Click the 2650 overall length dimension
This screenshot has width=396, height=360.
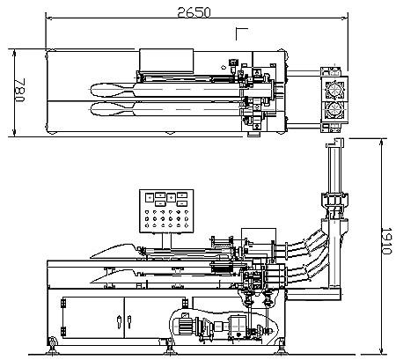[x=194, y=12]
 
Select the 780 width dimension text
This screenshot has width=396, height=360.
[x=20, y=90]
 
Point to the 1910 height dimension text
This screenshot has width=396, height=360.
[x=386, y=240]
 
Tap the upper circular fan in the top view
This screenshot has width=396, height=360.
[x=334, y=89]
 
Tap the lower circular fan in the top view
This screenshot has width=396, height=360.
[x=334, y=110]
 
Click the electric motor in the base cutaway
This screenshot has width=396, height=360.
[x=185, y=325]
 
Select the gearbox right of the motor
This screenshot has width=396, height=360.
[x=238, y=325]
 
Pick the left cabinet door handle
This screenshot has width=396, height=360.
[x=119, y=322]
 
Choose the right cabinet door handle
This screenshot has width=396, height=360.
[x=129, y=322]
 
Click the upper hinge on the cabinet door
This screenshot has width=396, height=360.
[x=63, y=303]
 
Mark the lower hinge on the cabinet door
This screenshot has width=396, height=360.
[x=63, y=331]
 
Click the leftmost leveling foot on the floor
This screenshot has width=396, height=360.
[x=52, y=345]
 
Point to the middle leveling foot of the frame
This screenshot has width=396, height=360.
[x=169, y=346]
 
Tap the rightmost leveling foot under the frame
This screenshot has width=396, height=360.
[x=281, y=345]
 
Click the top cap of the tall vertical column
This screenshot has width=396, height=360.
[x=334, y=143]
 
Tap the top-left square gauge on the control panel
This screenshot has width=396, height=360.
[x=150, y=197]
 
